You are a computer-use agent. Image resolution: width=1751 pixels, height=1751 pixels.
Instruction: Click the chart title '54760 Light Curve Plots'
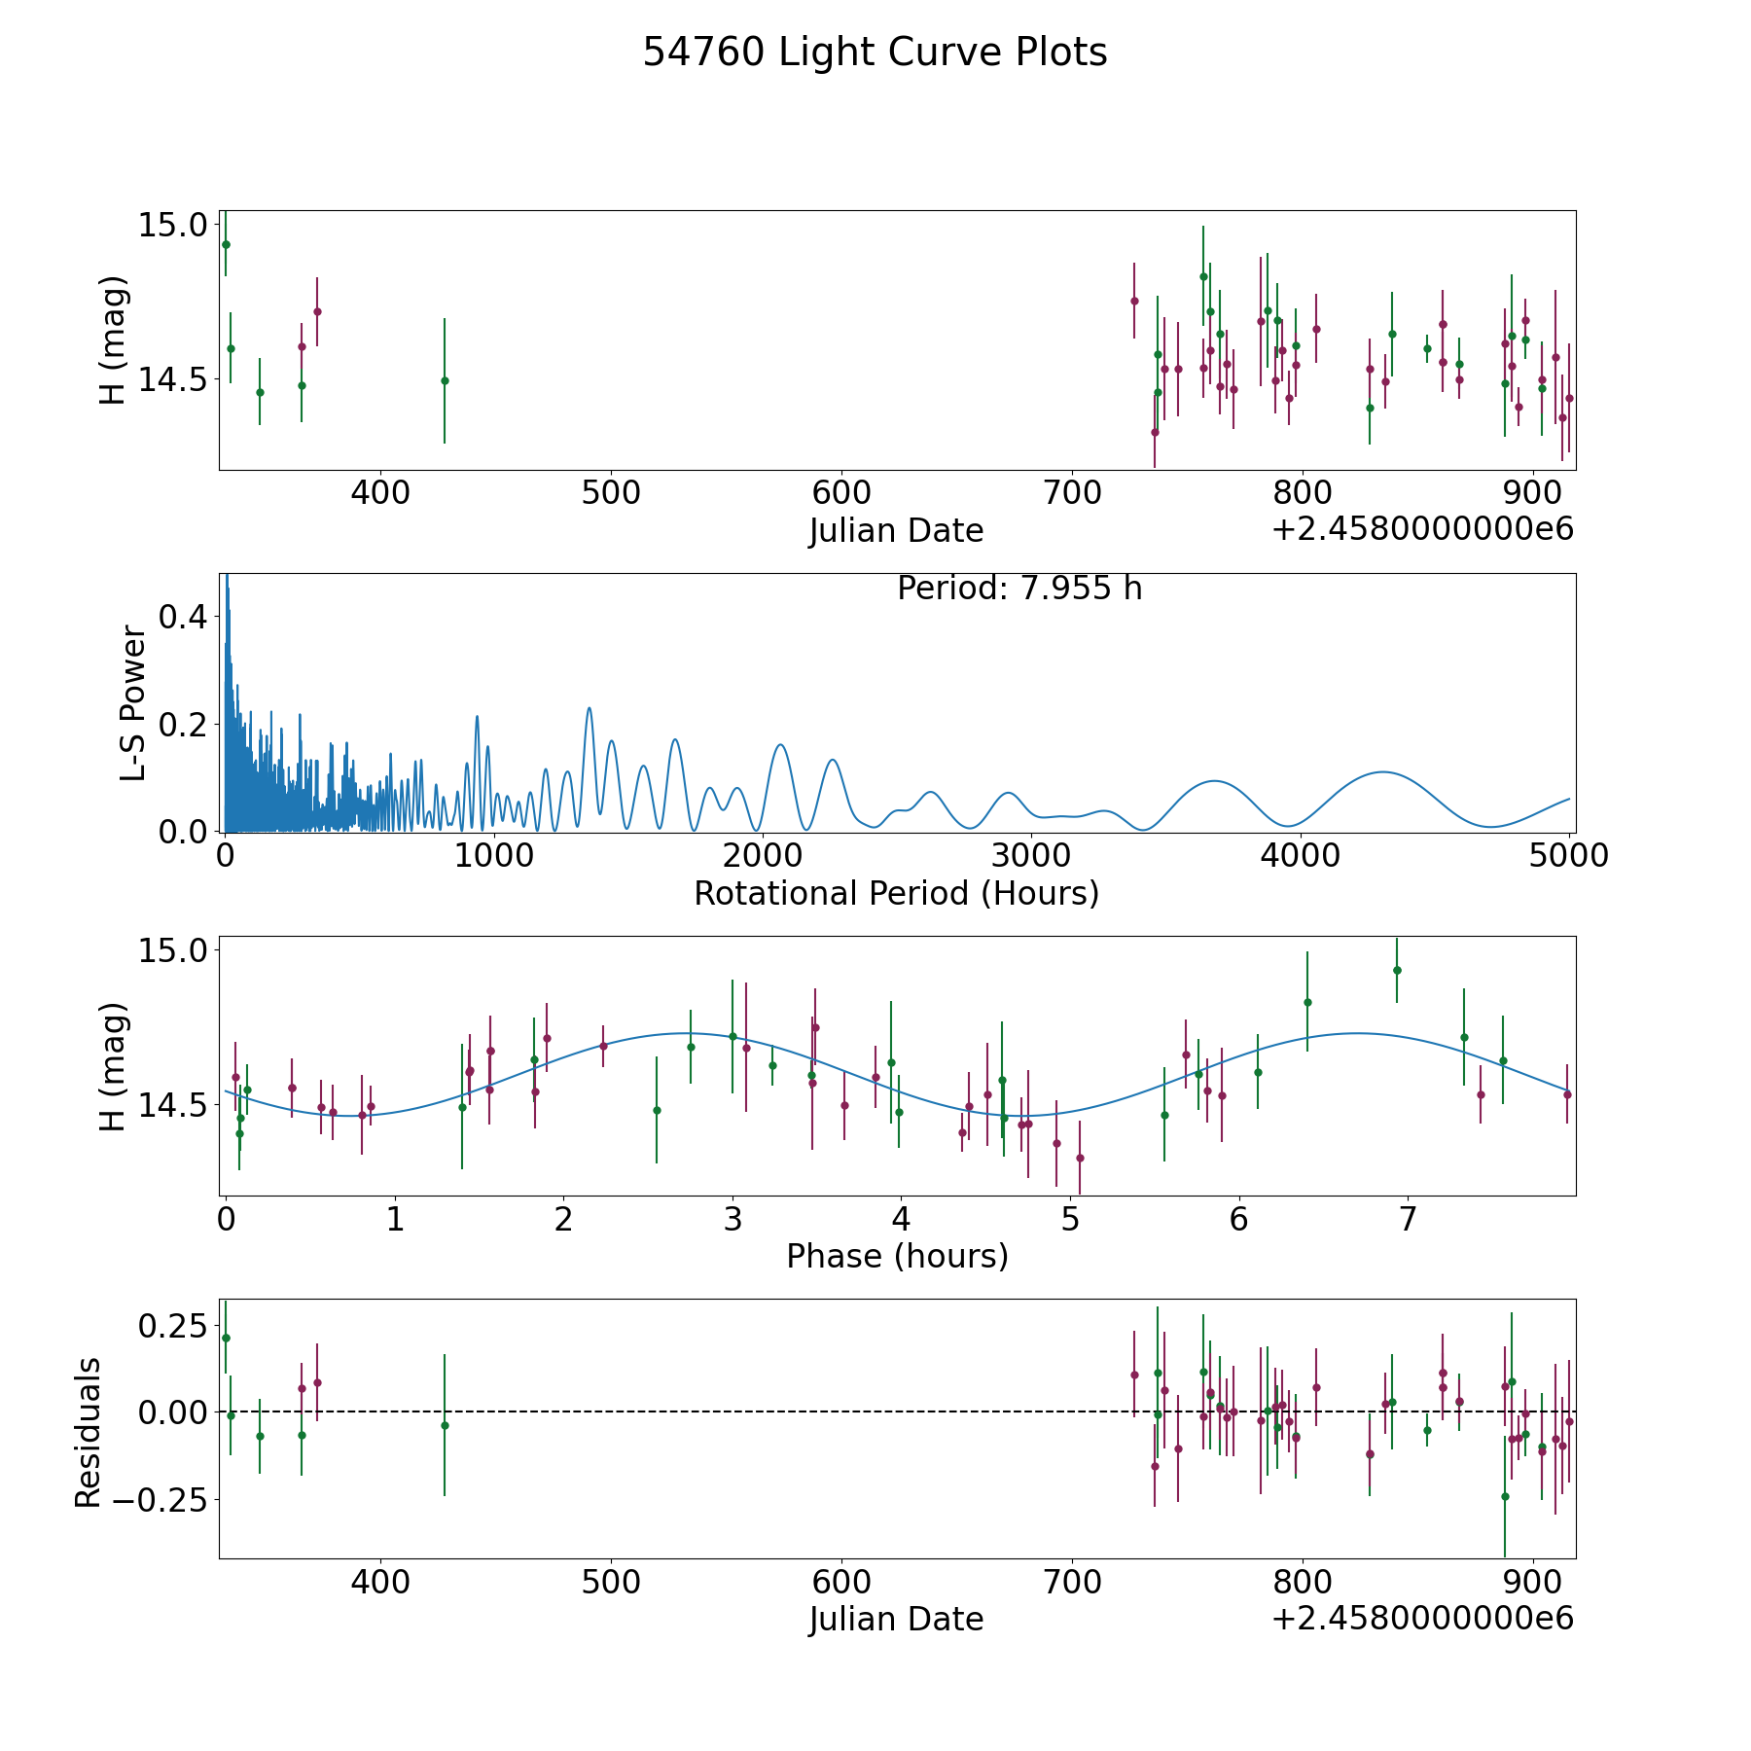[875, 53]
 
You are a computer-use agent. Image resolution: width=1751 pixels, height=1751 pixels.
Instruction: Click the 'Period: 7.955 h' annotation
[1019, 589]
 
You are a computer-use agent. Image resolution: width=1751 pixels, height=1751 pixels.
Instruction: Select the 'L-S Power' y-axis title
[133, 703]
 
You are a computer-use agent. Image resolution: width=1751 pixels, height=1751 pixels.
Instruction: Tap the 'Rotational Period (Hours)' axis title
[896, 893]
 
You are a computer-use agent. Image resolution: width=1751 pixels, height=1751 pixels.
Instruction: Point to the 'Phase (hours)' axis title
[897, 1256]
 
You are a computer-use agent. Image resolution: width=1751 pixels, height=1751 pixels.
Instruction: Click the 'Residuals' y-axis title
[89, 1433]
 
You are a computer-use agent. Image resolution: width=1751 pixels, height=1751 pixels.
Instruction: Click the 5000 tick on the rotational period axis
[1568, 856]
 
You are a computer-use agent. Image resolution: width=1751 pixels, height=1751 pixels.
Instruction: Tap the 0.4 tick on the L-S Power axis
[182, 617]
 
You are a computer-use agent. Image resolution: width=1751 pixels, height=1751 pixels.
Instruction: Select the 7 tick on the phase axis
[1407, 1220]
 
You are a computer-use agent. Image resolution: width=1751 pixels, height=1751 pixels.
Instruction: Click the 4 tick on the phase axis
[901, 1220]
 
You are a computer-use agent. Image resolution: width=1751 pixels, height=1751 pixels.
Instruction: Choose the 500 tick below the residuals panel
[610, 1583]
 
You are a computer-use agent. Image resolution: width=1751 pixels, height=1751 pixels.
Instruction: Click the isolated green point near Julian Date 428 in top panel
[445, 380]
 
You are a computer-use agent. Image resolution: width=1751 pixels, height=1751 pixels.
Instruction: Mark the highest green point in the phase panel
[1397, 970]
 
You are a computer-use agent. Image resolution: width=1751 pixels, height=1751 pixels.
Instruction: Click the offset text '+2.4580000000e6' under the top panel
[1422, 529]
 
